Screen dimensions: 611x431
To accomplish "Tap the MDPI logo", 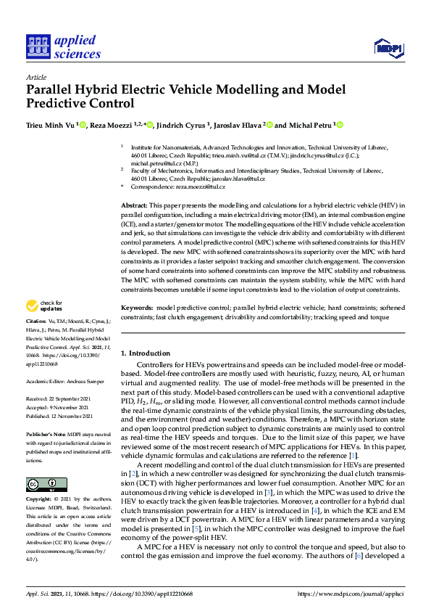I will click(388, 48).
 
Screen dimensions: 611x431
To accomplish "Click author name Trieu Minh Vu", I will click(50, 126).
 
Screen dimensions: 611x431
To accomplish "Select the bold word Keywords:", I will click(138, 308).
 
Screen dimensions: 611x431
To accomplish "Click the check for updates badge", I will click(45, 305).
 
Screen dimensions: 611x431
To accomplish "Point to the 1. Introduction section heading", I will click(151, 353).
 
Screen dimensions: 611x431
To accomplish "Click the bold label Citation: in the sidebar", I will click(36, 320).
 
